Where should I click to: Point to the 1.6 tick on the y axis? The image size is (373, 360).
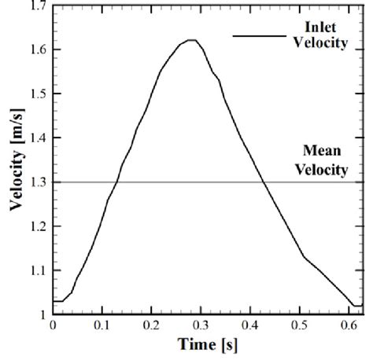35,50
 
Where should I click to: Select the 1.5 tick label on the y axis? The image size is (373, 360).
35,94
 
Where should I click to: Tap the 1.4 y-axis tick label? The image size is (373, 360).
35,138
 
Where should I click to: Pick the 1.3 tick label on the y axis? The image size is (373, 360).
35,182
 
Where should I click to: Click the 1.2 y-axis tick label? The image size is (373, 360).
35,226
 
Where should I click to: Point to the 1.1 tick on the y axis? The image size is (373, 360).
35,270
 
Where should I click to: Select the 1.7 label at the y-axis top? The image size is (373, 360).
35,6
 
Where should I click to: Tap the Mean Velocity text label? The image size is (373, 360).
324,160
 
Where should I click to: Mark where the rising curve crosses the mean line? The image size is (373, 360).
117,182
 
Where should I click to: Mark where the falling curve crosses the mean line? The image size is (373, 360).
263,182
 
